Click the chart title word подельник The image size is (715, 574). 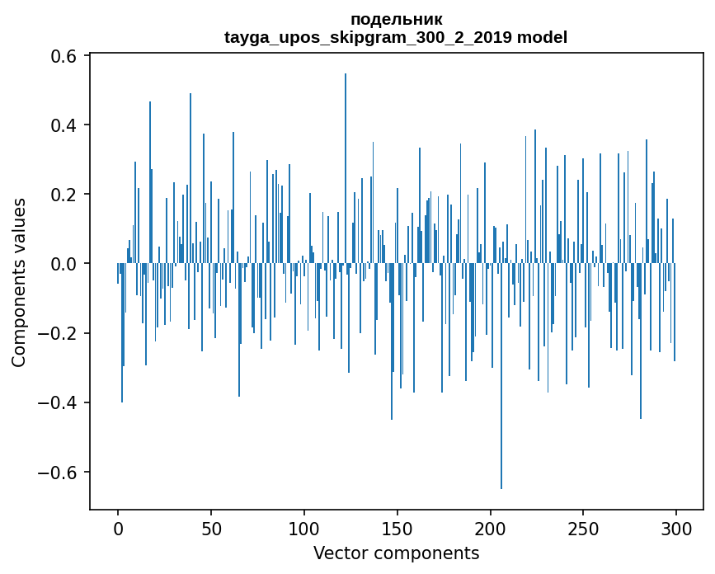tap(396, 19)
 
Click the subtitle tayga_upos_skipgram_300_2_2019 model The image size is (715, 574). tap(396, 37)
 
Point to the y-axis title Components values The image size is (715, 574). tap(19, 282)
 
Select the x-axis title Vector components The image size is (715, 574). tap(396, 553)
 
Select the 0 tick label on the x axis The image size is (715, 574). tap(118, 527)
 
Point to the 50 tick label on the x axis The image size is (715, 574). tap(211, 527)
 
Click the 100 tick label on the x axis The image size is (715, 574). tap(304, 527)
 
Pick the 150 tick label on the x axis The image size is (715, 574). tap(397, 527)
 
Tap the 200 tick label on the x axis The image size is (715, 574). tap(490, 527)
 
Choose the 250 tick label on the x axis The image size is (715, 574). tap(583, 527)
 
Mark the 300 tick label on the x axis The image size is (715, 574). tap(676, 527)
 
